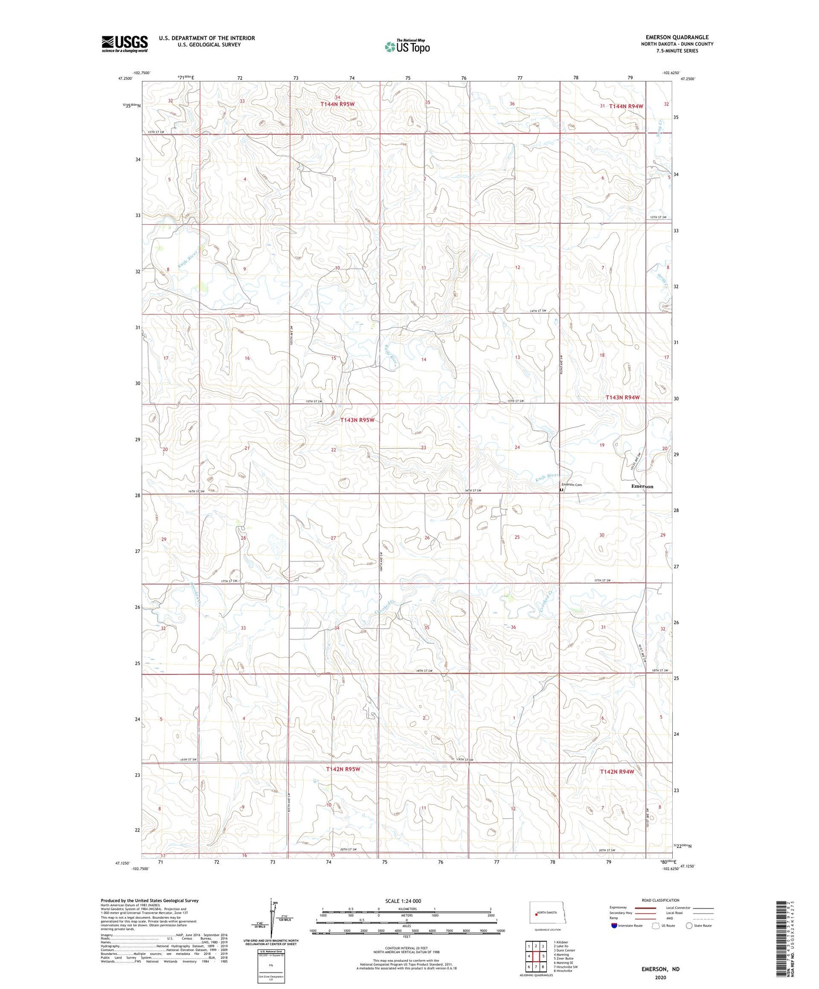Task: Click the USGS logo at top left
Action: (x=125, y=44)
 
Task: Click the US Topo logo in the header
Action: (x=406, y=46)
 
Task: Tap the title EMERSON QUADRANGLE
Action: (x=677, y=37)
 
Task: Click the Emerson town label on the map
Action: (x=642, y=487)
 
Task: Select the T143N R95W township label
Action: (x=357, y=420)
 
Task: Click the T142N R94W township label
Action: (x=617, y=771)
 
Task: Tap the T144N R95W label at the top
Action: (x=337, y=104)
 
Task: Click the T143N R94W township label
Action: (x=622, y=398)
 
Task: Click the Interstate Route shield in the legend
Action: (x=614, y=926)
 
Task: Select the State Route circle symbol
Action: (x=690, y=926)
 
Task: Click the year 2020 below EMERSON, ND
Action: (x=660, y=978)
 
